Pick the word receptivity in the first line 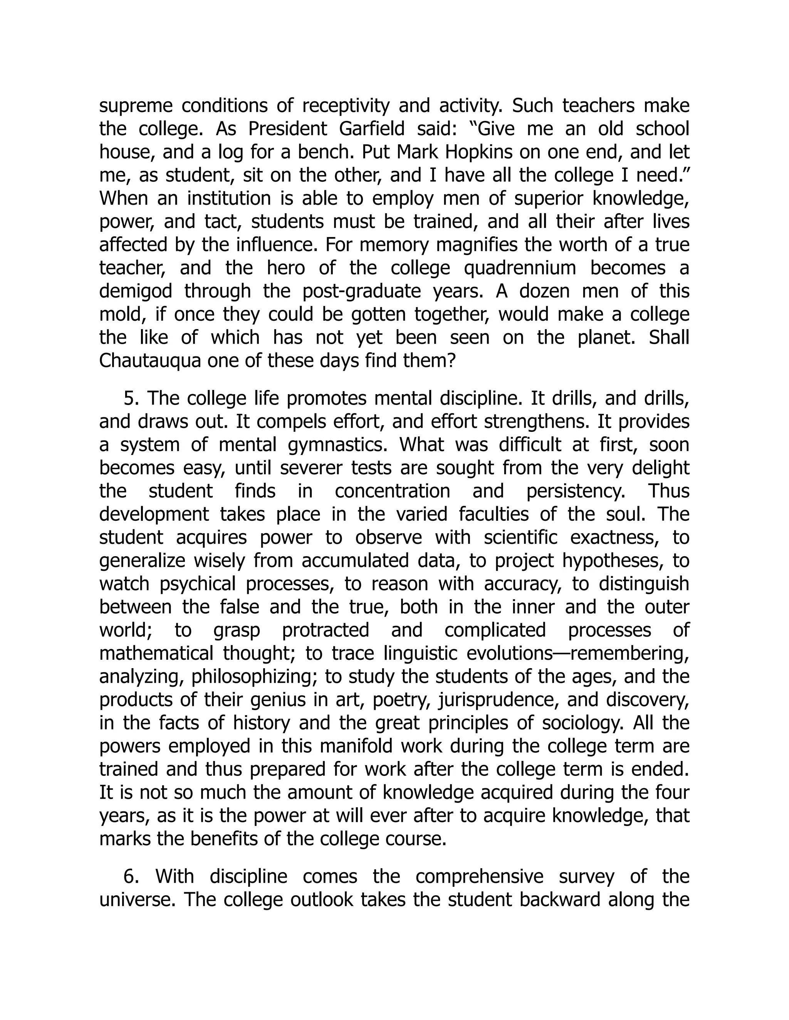[x=346, y=106]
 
